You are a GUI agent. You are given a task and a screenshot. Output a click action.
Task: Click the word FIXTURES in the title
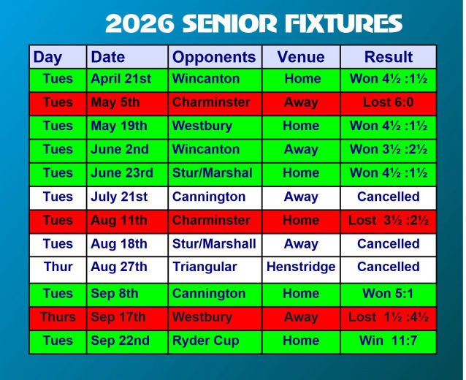pos(343,23)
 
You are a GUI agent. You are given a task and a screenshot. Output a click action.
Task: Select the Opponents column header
pos(214,57)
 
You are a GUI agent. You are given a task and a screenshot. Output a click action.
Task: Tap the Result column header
pos(389,57)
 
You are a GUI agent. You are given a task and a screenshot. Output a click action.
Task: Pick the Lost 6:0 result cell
pos(388,102)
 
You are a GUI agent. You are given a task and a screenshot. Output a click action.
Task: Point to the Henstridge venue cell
pos(301,267)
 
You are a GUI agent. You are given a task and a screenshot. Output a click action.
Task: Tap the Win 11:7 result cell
pos(388,341)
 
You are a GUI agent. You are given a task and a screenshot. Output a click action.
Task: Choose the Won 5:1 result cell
pos(388,294)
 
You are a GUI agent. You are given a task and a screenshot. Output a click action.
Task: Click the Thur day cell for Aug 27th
pos(58,267)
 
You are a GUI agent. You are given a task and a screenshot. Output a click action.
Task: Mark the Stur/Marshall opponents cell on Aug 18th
pos(214,244)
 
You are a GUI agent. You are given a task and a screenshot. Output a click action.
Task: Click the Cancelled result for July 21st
pos(388,197)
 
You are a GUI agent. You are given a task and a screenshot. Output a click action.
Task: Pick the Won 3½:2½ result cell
pos(389,149)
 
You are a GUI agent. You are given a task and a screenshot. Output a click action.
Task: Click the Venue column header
pos(301,57)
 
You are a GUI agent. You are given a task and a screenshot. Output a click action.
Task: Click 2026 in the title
pos(140,23)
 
